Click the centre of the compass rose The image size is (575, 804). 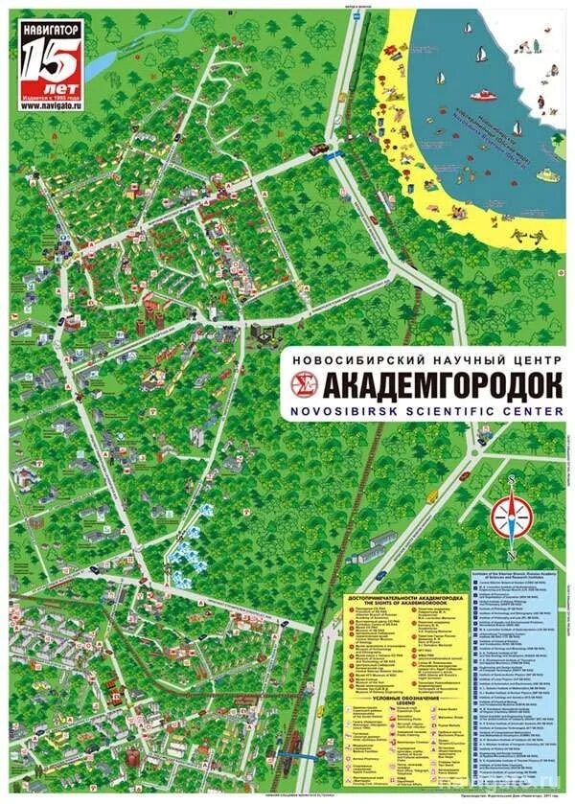pyautogui.click(x=512, y=517)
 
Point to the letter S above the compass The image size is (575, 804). pyautogui.click(x=512, y=478)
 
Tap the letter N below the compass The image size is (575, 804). pyautogui.click(x=512, y=559)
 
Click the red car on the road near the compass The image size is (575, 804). pyautogui.click(x=464, y=475)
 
